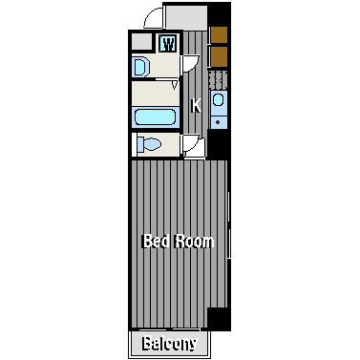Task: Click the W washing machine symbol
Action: click(x=167, y=44)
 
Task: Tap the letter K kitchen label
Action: click(x=196, y=106)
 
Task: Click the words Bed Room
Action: click(x=179, y=242)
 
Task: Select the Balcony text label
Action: click(x=169, y=343)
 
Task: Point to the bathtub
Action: click(x=155, y=116)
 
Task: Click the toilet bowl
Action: click(x=149, y=145)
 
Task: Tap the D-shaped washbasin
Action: click(x=140, y=67)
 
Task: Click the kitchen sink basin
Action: click(x=218, y=99)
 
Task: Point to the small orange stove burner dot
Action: click(x=218, y=121)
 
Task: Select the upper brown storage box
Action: click(x=219, y=34)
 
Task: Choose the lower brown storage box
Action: click(x=219, y=57)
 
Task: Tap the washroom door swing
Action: click(x=191, y=64)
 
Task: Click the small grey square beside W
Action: click(x=141, y=42)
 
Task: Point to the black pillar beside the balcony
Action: click(x=219, y=319)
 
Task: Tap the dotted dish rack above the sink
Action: click(x=218, y=80)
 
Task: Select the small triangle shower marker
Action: click(x=174, y=85)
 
